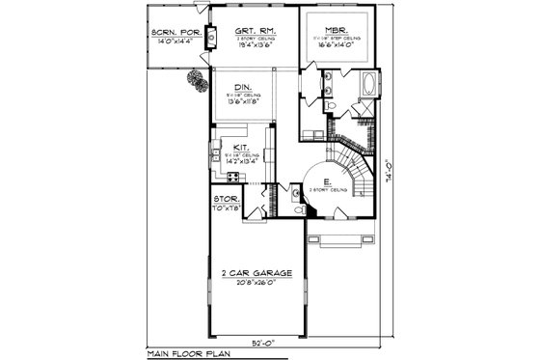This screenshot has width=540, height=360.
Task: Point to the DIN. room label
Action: coord(244,85)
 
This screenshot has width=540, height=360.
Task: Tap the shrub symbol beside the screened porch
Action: coord(197,81)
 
